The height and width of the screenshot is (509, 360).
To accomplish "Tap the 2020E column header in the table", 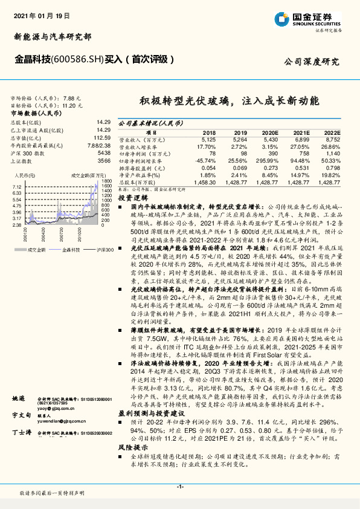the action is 269,132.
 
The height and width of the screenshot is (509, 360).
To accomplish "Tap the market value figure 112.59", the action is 103,137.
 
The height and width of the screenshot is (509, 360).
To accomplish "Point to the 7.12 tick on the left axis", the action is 17,187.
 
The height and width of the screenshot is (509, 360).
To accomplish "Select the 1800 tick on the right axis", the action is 107,181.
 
